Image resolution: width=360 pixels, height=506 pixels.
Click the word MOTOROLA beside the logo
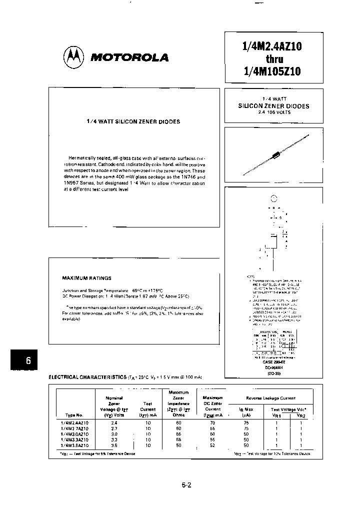[129, 57]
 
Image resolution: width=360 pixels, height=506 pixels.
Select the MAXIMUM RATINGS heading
[86, 278]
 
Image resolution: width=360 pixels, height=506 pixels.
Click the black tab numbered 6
[27, 360]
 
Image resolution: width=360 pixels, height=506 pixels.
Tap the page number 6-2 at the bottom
[187, 484]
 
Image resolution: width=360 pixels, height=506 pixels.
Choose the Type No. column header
[74, 414]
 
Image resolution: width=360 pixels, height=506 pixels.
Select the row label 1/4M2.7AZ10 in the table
[74, 428]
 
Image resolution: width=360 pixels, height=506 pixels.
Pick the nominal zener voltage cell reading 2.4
[114, 422]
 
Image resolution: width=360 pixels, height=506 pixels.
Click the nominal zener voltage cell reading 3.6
[114, 445]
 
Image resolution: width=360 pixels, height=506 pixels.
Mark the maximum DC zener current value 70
[212, 422]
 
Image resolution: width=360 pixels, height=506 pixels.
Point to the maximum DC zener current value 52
[212, 445]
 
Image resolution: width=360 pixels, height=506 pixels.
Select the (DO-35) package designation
[272, 373]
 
